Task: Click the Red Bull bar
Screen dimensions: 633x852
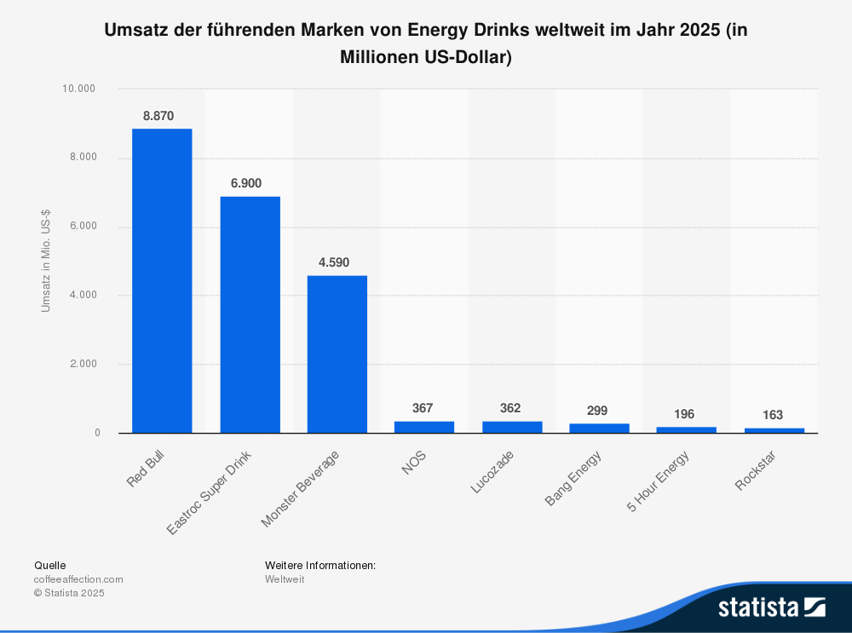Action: [162, 280]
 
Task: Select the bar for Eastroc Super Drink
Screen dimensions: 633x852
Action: [250, 314]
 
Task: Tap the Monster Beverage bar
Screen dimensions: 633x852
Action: [337, 354]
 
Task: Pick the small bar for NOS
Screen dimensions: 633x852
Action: [424, 427]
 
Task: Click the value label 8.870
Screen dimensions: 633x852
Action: [158, 116]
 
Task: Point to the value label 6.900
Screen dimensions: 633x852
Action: [246, 183]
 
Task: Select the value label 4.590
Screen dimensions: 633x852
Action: [334, 262]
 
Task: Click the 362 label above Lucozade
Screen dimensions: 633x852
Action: [510, 408]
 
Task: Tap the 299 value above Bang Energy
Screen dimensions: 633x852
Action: [597, 411]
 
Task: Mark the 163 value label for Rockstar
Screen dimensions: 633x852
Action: [772, 415]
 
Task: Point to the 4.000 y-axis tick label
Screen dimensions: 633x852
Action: [82, 295]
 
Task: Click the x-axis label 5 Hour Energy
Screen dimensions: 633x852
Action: [659, 482]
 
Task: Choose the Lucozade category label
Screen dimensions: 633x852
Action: [492, 473]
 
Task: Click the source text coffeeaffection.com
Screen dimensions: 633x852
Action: [78, 579]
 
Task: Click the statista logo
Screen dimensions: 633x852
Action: [771, 607]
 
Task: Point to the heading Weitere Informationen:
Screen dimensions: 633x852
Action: [320, 565]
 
